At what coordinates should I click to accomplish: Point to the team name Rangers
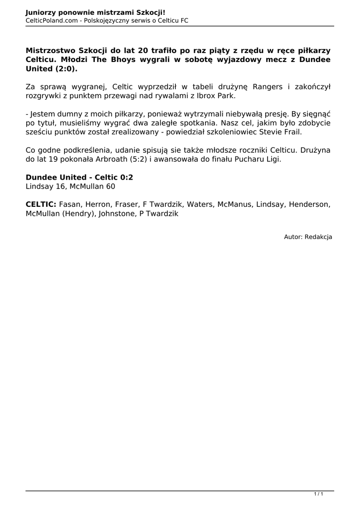coord(268,87)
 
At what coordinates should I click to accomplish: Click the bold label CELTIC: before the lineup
coord(41,204)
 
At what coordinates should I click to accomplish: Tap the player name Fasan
coord(71,204)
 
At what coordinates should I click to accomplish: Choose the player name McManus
coord(234,204)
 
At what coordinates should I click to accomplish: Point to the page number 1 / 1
coord(319,494)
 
